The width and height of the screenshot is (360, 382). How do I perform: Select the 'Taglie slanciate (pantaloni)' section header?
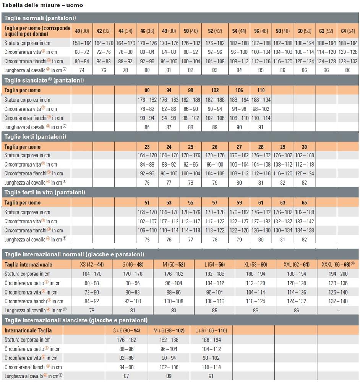(x=44, y=80)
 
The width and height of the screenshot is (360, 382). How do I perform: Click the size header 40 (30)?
(x=82, y=31)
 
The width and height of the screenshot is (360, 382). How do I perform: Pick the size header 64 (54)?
(x=348, y=31)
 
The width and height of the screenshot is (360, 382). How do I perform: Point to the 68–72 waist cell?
(x=82, y=52)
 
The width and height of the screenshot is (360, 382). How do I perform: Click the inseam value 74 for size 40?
(x=82, y=70)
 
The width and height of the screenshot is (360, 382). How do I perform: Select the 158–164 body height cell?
(x=82, y=43)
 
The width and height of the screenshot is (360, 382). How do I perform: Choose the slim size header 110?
(x=261, y=91)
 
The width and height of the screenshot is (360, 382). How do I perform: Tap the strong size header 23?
(x=147, y=147)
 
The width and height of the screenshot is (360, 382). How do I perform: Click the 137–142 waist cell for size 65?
(x=304, y=221)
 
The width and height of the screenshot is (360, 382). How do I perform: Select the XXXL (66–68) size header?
(x=338, y=264)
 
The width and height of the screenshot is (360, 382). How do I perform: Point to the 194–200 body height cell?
(x=338, y=274)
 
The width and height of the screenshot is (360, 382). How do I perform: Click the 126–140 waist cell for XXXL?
(x=338, y=292)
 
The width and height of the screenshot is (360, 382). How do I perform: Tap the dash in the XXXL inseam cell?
(x=338, y=311)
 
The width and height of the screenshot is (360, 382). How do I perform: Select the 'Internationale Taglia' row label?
(x=28, y=330)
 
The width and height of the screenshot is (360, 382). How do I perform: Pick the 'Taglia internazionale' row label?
(x=28, y=264)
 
